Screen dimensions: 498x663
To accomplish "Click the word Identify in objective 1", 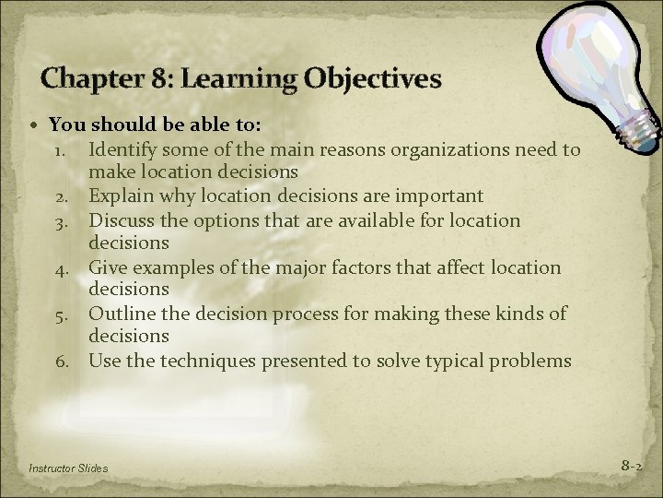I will pyautogui.click(x=122, y=148).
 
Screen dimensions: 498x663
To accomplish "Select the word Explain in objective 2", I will pyautogui.click(x=120, y=196).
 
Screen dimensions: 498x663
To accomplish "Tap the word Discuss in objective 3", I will pyautogui.click(x=122, y=220).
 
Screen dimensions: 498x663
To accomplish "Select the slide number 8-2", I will pyautogui.click(x=631, y=467).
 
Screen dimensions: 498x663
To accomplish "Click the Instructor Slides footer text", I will pyautogui.click(x=68, y=468).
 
